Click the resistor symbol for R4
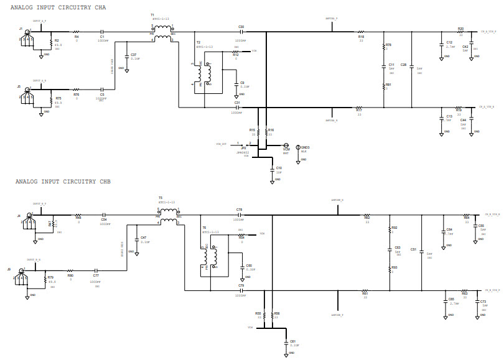tap(77, 31)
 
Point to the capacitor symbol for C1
tap(103, 31)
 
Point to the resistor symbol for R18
tap(360, 32)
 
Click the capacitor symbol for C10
tap(271, 168)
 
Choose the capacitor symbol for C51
tap(421, 252)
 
